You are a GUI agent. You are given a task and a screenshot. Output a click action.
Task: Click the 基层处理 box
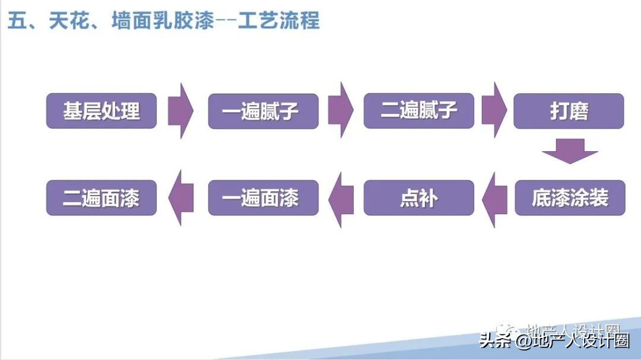click(101, 111)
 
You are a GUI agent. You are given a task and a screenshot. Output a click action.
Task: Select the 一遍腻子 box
click(263, 111)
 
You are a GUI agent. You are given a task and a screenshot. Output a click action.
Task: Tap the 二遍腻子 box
click(419, 110)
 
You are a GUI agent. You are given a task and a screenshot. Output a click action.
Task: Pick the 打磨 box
click(569, 111)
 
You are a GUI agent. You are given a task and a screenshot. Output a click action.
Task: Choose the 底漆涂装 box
click(570, 197)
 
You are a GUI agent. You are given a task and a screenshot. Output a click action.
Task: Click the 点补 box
click(419, 197)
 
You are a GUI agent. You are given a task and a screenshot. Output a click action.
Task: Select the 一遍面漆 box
click(263, 197)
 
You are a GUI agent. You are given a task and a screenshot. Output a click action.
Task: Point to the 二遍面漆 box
click(101, 197)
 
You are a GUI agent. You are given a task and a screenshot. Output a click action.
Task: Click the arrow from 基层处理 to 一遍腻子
click(181, 110)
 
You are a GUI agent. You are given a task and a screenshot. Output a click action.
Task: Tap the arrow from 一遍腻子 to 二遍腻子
click(341, 110)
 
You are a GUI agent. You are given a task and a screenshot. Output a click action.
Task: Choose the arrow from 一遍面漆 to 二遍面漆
click(181, 197)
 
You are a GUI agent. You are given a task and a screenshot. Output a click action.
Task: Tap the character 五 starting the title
click(16, 21)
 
